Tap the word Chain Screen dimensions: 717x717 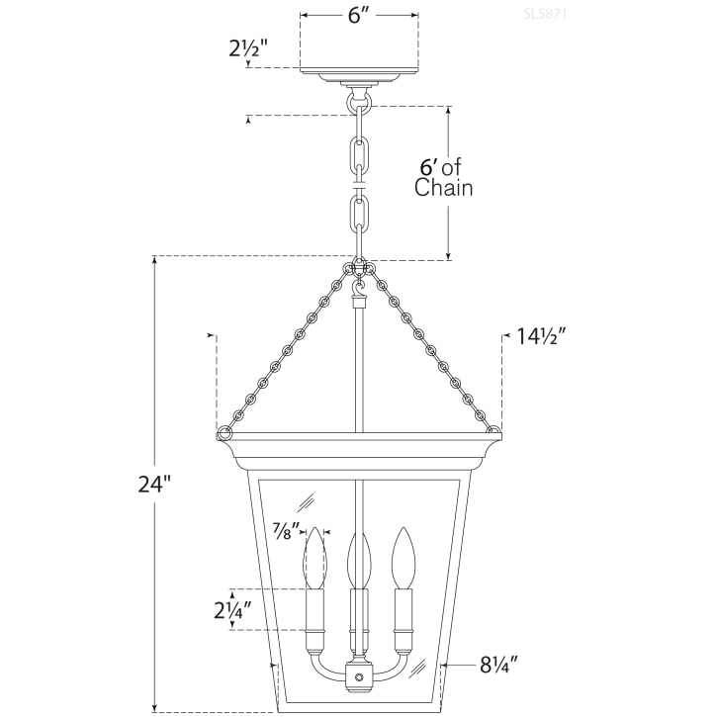click(443, 188)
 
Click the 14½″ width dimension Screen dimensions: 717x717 click(541, 336)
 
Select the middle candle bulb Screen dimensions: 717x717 click(359, 559)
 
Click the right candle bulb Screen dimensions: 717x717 click(402, 559)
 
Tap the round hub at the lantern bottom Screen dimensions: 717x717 click(359, 677)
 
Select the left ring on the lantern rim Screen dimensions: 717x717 click(225, 432)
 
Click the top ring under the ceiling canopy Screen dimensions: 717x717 click(359, 101)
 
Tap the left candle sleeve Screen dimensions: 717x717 click(315, 613)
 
